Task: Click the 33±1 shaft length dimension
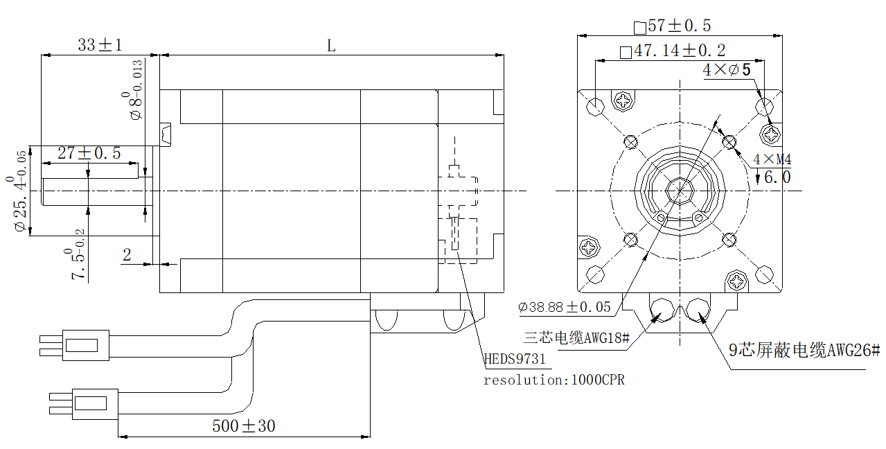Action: [100, 46]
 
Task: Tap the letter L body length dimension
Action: [331, 46]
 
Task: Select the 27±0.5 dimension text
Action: [89, 154]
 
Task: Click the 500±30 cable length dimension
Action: [243, 425]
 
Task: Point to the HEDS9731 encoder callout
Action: [514, 359]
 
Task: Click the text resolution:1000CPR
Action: [553, 380]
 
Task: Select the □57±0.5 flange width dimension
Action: [672, 26]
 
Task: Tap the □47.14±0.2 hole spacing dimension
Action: [673, 51]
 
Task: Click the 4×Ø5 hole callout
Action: [727, 70]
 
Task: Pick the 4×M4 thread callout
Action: [772, 159]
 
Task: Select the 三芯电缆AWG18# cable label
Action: [576, 338]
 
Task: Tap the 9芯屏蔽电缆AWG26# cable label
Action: [804, 351]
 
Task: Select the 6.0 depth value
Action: [777, 177]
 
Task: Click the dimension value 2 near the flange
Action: [127, 255]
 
